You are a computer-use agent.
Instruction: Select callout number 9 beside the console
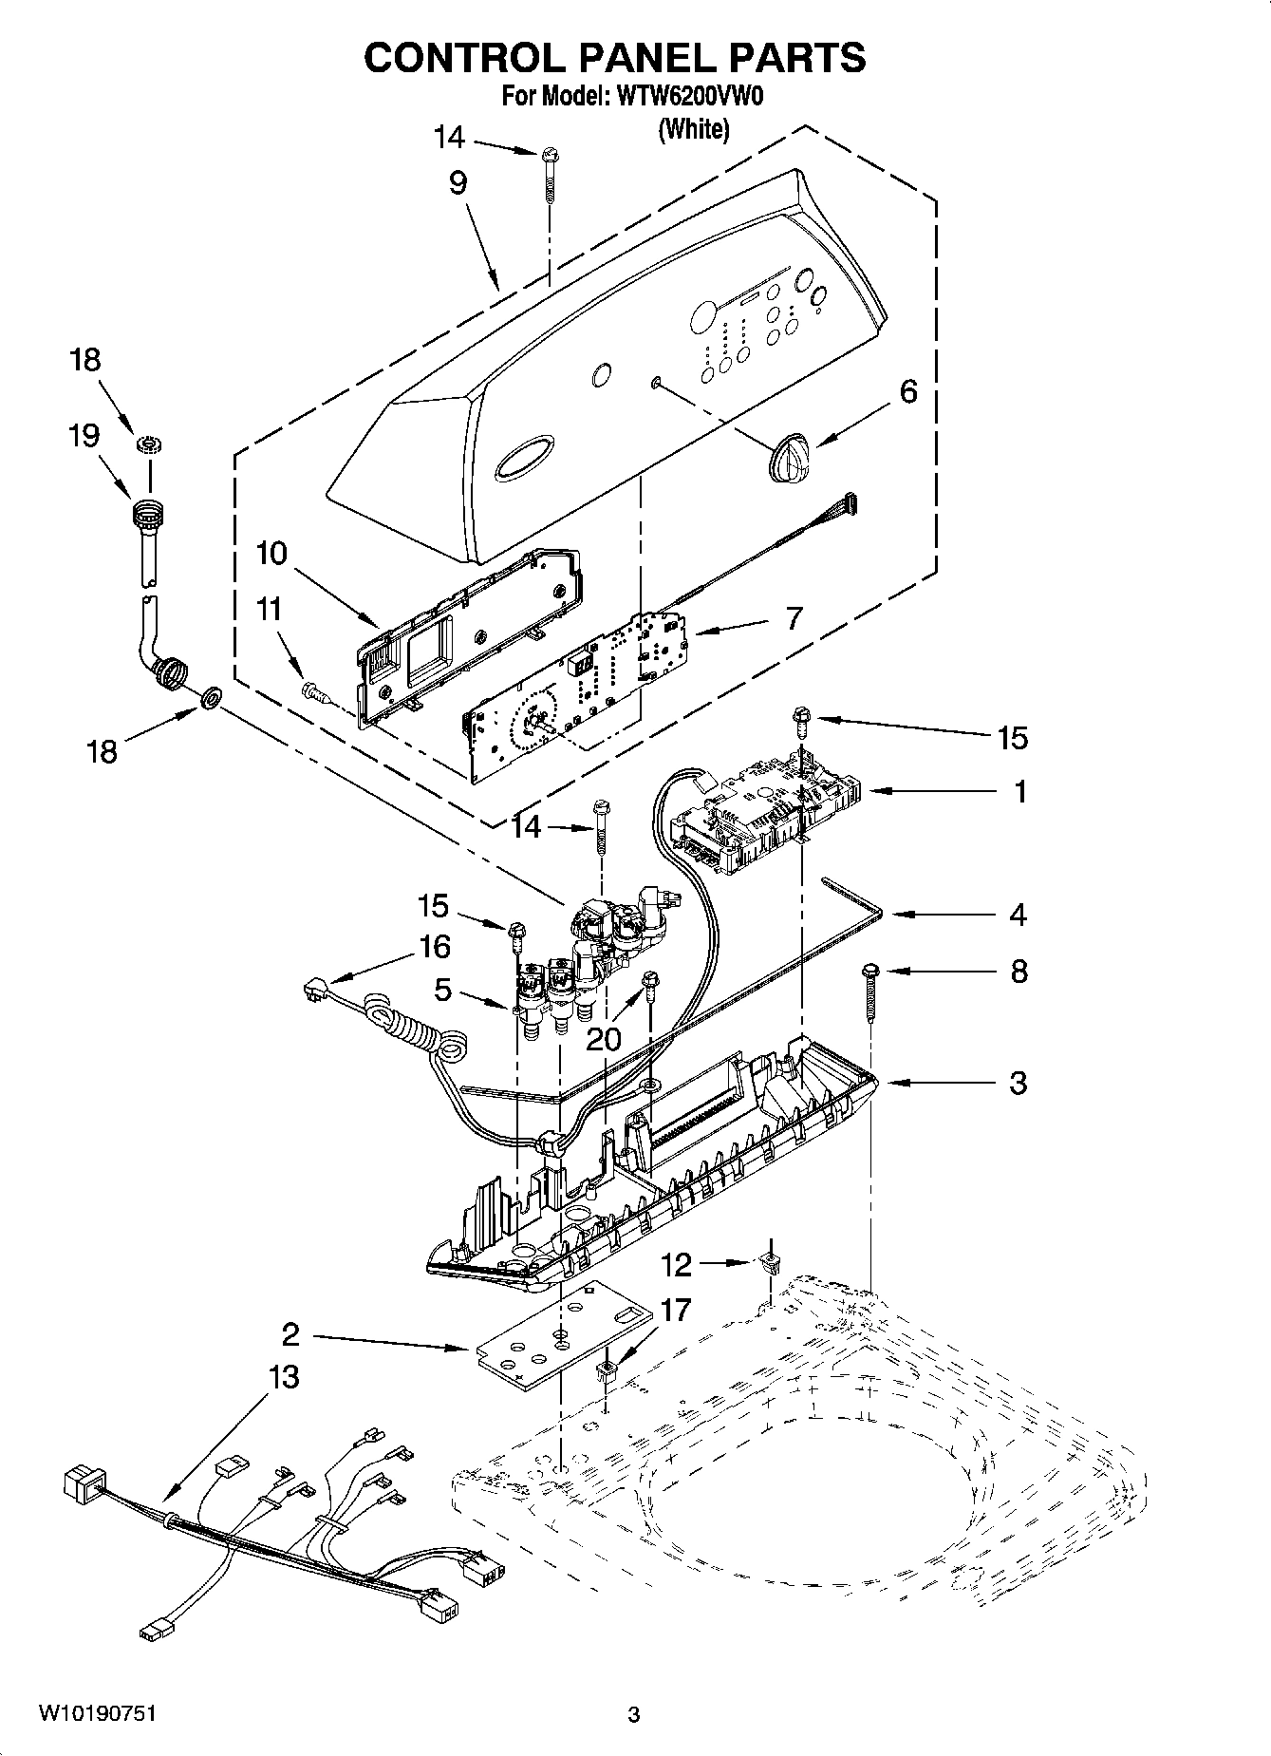(x=458, y=183)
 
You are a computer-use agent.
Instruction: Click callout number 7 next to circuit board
(x=794, y=618)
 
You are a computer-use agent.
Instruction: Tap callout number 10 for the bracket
(x=271, y=554)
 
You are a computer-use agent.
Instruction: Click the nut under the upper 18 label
(x=147, y=444)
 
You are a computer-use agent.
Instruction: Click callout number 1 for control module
(x=1020, y=791)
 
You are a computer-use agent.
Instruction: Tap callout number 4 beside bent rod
(x=1018, y=916)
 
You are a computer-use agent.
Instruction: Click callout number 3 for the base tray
(x=1018, y=1083)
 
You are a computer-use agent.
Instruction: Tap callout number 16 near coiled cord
(x=435, y=947)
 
